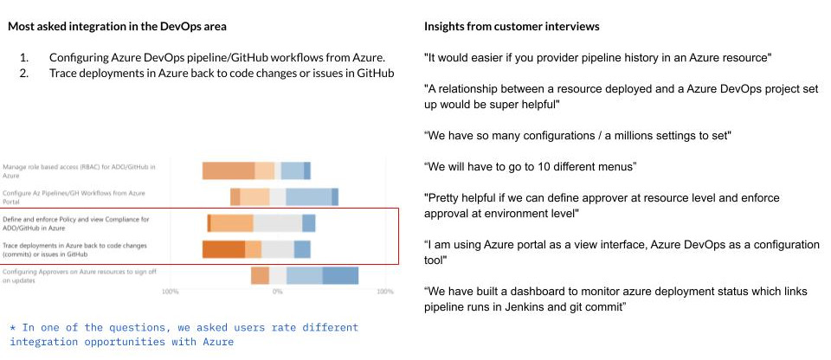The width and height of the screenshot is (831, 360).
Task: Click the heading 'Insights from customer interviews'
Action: click(511, 27)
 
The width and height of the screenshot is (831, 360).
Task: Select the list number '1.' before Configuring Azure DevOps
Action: click(24, 58)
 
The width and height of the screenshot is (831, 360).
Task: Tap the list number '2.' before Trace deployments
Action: click(24, 74)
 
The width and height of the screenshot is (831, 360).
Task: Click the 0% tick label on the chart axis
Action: click(277, 292)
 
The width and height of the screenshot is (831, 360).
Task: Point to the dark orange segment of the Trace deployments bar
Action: click(223, 250)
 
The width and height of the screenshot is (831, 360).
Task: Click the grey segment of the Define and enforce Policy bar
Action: click(277, 223)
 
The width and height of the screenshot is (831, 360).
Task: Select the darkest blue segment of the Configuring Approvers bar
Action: click(340, 276)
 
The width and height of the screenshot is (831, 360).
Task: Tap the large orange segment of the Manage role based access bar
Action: click(229, 170)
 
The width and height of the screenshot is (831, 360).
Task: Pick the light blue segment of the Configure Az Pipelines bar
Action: click(308, 197)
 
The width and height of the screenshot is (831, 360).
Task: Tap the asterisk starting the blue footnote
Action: click(13, 328)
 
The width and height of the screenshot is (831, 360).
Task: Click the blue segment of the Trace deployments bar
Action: click(302, 250)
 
